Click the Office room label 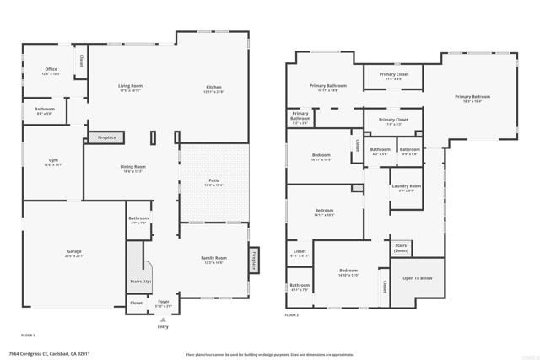[x=51, y=71]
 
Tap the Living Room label [x=129, y=87]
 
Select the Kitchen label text [x=214, y=89]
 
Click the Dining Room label [x=132, y=169]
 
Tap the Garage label [x=74, y=253]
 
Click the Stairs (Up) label [x=140, y=281]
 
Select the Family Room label [x=213, y=259]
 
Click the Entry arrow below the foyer [x=163, y=319]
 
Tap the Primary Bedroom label [x=472, y=99]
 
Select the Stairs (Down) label [x=402, y=249]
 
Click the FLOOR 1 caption [x=29, y=334]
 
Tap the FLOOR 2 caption [x=292, y=314]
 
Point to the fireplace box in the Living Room [x=107, y=137]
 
